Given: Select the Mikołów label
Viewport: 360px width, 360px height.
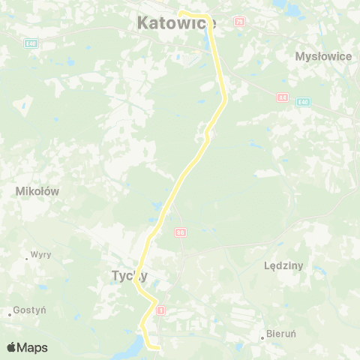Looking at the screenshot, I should (37, 191).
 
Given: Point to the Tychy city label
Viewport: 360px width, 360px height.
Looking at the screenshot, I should (129, 276).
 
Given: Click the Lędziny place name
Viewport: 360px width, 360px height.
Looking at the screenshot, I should (283, 265).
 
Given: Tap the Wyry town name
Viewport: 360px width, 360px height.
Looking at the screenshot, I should (41, 254).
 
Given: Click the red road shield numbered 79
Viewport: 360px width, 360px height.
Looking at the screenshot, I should (239, 22).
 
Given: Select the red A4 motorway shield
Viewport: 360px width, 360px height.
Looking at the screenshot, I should (282, 97).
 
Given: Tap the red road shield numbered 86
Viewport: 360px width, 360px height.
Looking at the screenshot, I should (180, 233).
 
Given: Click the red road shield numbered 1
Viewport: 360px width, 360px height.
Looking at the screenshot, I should (160, 310).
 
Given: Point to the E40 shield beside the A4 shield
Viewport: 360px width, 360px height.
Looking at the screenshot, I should (302, 102).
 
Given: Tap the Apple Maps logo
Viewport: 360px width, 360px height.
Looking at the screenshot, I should (27, 347).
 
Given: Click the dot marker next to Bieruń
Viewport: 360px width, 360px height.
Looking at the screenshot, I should (262, 337).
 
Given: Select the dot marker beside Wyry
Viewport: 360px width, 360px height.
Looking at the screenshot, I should (26, 258).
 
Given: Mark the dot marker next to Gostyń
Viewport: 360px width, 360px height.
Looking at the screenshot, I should (11, 313).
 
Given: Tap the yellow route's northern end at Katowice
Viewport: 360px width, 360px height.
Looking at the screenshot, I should (180, 13).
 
